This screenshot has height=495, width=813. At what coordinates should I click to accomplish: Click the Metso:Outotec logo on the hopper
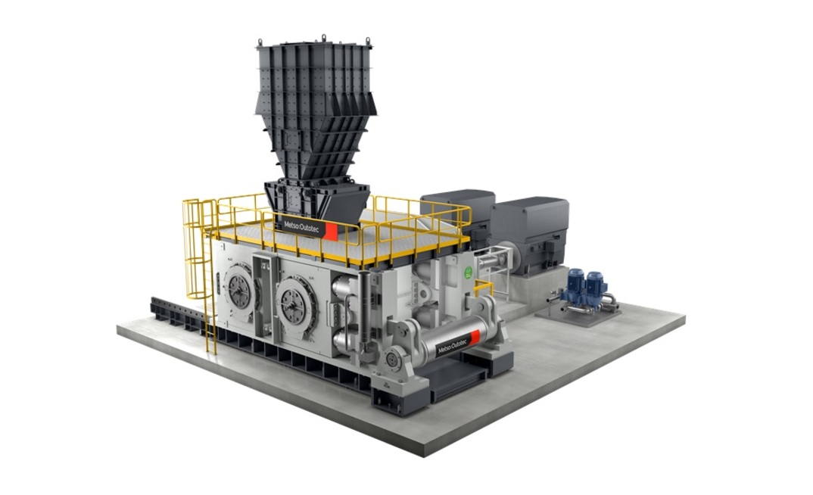point(298,226)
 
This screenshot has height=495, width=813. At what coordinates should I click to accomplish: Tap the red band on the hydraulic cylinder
point(475,337)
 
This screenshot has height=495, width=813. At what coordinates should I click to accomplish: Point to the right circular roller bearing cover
point(294,301)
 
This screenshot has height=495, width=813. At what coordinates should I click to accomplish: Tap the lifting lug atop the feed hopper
point(323,37)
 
